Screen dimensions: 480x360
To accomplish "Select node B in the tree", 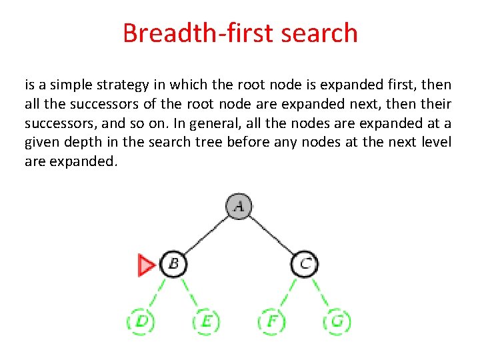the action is click(x=173, y=264).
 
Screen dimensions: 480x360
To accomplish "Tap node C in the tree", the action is click(x=304, y=264).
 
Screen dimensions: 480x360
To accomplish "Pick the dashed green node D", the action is click(x=141, y=323).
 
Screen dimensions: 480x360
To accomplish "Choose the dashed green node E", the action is click(x=205, y=323).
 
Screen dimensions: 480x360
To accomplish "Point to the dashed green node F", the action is click(x=271, y=323).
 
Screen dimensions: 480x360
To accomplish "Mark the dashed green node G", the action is click(x=337, y=323).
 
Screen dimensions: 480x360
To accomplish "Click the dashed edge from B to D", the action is click(x=157, y=293).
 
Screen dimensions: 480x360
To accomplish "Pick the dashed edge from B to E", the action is click(x=189, y=293).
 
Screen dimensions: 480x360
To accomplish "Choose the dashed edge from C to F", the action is click(x=288, y=293).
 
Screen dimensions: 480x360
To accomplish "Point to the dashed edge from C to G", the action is click(x=320, y=293).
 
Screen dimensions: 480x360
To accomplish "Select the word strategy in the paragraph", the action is click(x=132, y=85).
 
